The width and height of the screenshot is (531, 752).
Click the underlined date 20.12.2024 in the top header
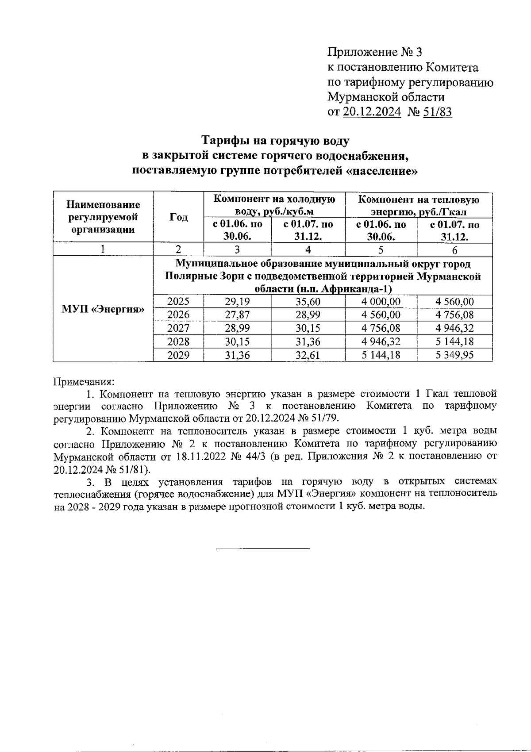[371, 112]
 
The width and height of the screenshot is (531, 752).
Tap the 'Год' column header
[178, 217]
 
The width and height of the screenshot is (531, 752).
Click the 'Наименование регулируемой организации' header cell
[103, 217]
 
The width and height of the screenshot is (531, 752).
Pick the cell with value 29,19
[237, 302]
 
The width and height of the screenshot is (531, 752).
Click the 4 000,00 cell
[381, 302]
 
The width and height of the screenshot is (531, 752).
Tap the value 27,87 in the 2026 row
[237, 315]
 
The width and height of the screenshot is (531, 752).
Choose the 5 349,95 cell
[454, 355]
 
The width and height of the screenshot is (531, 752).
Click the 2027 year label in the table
[178, 328]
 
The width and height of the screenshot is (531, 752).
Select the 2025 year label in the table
[178, 302]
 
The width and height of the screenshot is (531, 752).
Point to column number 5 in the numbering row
[381, 250]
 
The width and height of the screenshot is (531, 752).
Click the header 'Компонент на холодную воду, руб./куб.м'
[274, 205]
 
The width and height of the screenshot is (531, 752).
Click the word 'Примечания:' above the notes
[84, 381]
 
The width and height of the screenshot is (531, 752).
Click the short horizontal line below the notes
[263, 549]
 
